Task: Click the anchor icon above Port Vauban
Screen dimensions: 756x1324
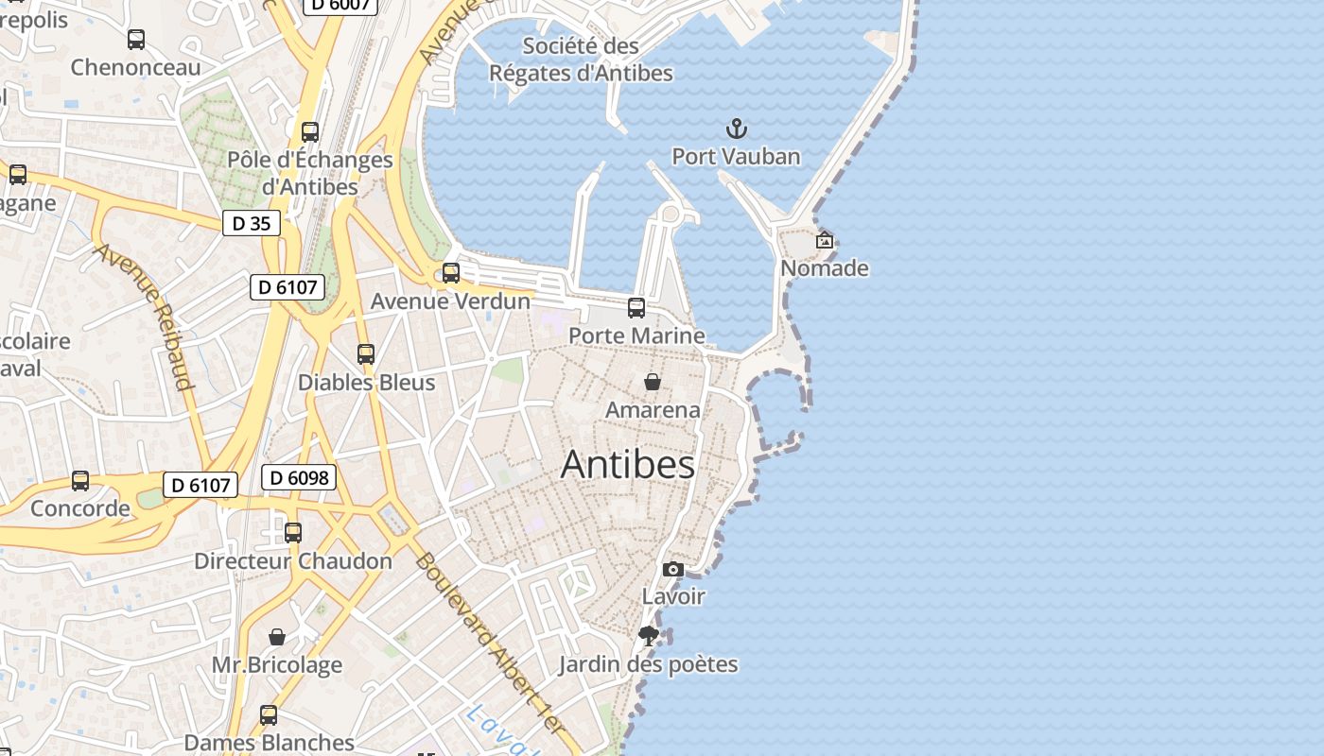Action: pyautogui.click(x=736, y=129)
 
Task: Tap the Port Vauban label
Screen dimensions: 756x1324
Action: pyautogui.click(x=736, y=157)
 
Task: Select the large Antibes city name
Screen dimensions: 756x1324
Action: pyautogui.click(x=628, y=465)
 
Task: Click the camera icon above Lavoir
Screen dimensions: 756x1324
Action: pyautogui.click(x=673, y=569)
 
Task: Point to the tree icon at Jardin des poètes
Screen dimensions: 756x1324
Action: pyautogui.click(x=648, y=636)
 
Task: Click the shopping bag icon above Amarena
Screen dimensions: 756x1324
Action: pyautogui.click(x=653, y=382)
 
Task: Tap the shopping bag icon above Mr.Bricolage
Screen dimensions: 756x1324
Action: pyautogui.click(x=277, y=637)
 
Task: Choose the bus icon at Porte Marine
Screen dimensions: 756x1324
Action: pyautogui.click(x=636, y=307)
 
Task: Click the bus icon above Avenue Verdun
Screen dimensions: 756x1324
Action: pyautogui.click(x=451, y=273)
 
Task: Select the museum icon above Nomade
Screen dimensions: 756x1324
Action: pyautogui.click(x=825, y=240)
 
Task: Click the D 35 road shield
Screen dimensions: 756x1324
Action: pyautogui.click(x=252, y=223)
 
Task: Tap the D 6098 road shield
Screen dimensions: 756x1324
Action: pyautogui.click(x=299, y=478)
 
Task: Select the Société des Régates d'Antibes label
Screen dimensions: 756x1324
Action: pyautogui.click(x=582, y=59)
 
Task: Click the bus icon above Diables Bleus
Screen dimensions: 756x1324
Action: pyautogui.click(x=366, y=354)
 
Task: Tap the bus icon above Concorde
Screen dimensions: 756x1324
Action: pyautogui.click(x=80, y=481)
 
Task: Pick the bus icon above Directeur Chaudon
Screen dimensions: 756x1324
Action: pyautogui.click(x=293, y=533)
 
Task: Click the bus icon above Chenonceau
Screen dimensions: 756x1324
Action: pyautogui.click(x=136, y=40)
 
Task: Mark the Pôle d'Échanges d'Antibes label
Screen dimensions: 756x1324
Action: pyautogui.click(x=310, y=173)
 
